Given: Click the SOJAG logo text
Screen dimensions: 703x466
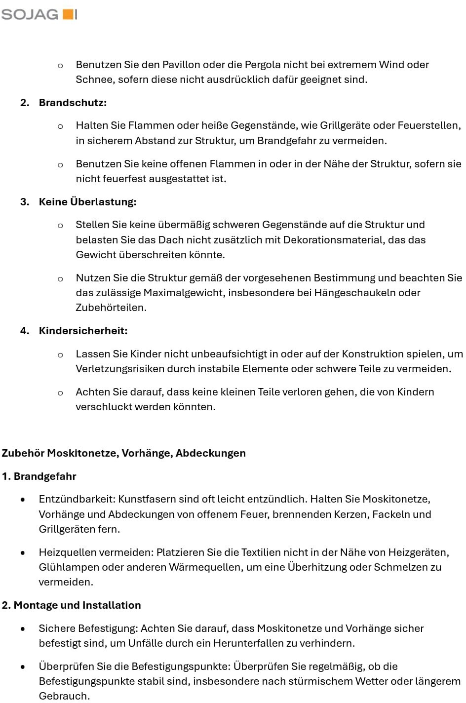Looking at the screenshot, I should pyautogui.click(x=30, y=14).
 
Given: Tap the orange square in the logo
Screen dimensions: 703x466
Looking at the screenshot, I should pyautogui.click(x=67, y=14).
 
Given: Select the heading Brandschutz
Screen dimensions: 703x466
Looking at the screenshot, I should pyautogui.click(x=73, y=103).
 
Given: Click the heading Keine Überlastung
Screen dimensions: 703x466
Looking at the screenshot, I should pyautogui.click(x=87, y=202).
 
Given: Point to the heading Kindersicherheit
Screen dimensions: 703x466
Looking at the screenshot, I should pyautogui.click(x=83, y=331).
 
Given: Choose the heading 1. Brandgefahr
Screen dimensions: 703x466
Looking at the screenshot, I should pyautogui.click(x=39, y=476).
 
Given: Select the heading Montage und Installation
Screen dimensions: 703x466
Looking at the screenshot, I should pyautogui.click(x=77, y=605).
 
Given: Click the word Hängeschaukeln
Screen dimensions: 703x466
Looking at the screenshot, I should pyautogui.click(x=354, y=293).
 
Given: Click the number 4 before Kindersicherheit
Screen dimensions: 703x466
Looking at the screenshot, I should pyautogui.click(x=23, y=331).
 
